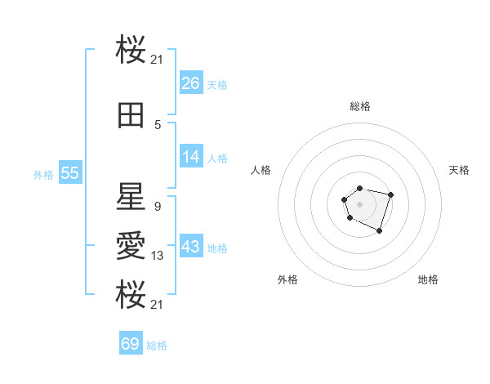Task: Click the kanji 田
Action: pos(131,117)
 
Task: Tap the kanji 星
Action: pos(131,197)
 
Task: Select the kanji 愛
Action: pos(131,246)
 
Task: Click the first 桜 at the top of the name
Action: pos(131,51)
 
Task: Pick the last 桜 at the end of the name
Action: pos(131,295)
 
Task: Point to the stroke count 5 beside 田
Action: pos(158,125)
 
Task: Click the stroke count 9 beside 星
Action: pos(158,206)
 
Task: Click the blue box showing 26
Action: pos(191,83)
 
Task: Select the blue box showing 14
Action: pos(191,157)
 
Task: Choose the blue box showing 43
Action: pos(191,247)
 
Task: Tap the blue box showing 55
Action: pos(69,173)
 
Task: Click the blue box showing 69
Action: pos(131,344)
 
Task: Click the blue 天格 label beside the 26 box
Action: pos(217,85)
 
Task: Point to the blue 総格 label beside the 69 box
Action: pos(157,346)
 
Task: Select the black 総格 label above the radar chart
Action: pos(360,106)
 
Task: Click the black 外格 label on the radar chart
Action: pos(287,279)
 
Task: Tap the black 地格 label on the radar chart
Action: pos(428,279)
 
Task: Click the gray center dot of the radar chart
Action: pos(359,203)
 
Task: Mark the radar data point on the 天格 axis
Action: pos(391,194)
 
